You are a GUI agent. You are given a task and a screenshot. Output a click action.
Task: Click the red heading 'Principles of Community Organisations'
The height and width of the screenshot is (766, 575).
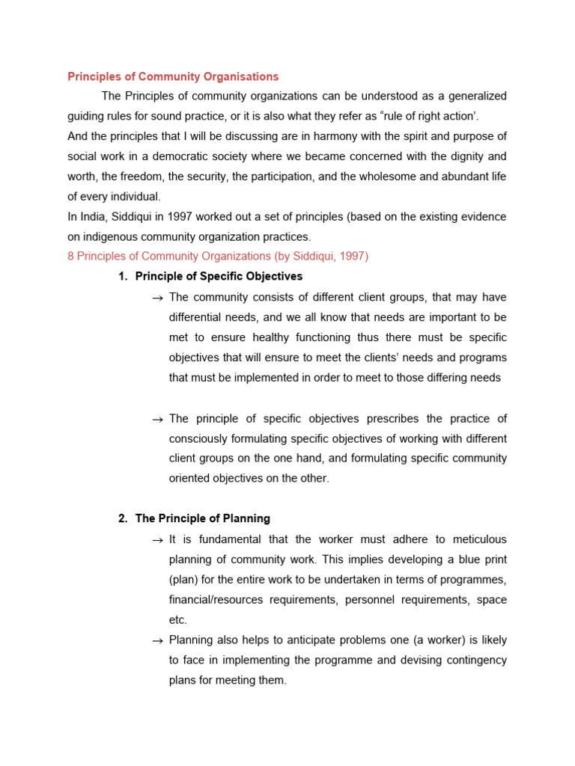173,76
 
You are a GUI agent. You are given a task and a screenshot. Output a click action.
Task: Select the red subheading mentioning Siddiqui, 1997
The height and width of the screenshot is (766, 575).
218,256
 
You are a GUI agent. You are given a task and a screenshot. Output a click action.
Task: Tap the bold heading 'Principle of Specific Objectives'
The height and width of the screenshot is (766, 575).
219,276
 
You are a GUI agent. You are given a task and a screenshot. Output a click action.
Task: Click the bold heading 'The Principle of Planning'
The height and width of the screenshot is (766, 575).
202,518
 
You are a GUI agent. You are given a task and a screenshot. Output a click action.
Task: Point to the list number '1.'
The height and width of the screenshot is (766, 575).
124,276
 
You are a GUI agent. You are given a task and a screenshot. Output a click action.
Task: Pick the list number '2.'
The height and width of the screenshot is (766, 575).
124,518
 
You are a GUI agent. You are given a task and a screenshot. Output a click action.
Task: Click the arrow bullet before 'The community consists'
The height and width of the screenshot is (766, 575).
157,298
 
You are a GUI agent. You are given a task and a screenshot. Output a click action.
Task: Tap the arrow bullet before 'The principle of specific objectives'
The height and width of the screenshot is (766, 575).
157,419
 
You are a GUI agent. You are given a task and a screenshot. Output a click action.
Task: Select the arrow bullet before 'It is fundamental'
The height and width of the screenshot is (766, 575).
157,540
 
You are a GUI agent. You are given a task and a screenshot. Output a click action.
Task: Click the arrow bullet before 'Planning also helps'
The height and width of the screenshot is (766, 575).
157,641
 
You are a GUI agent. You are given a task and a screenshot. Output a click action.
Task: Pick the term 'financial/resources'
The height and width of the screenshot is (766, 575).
214,600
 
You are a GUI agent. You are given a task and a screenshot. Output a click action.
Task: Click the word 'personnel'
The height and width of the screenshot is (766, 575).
376,600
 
